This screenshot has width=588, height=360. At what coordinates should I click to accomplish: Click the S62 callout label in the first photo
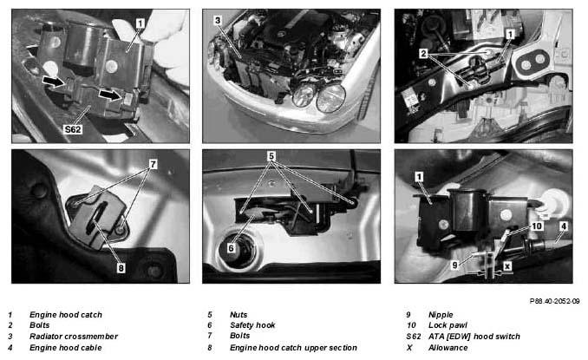click(73, 129)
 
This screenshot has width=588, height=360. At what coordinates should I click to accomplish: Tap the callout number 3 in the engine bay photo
click(218, 20)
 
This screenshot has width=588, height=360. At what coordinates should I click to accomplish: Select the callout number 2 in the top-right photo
click(423, 54)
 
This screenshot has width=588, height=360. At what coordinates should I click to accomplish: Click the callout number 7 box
click(153, 164)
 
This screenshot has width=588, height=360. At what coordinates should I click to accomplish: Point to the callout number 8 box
click(121, 268)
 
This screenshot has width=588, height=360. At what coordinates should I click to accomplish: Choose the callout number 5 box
click(271, 156)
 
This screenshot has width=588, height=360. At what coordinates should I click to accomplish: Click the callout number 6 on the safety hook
click(231, 248)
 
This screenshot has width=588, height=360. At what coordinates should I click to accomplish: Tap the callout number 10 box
click(537, 226)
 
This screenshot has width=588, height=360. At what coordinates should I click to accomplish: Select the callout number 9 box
click(454, 265)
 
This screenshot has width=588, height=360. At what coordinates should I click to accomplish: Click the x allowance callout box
click(507, 266)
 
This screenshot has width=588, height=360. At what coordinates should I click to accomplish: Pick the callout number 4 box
click(563, 226)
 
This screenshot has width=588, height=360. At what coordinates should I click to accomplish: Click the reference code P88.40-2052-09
click(555, 301)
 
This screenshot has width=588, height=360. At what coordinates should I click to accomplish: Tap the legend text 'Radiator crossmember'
click(74, 337)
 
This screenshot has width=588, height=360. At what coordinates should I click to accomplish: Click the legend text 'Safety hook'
click(252, 325)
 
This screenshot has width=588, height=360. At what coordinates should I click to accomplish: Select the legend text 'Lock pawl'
click(448, 325)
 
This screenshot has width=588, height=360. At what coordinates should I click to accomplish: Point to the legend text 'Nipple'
click(441, 315)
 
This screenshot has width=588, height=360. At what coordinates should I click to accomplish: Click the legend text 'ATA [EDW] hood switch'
click(474, 337)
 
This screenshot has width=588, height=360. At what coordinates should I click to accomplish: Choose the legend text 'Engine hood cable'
click(66, 348)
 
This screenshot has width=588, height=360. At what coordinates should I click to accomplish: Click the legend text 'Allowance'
click(448, 348)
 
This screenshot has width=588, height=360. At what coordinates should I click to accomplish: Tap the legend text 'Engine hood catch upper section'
click(293, 348)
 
